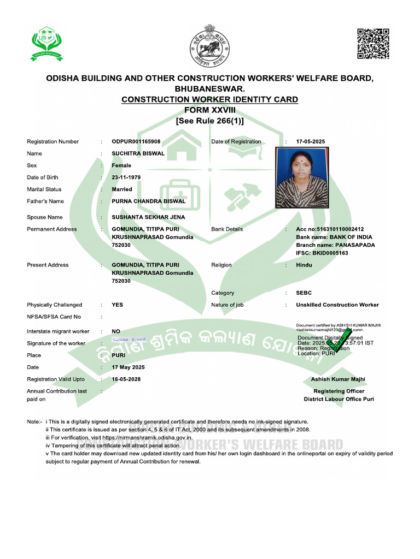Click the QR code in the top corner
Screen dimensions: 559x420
pyautogui.click(x=373, y=44)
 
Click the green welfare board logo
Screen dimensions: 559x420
pyautogui.click(x=46, y=45)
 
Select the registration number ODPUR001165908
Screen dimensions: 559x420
pyautogui.click(x=136, y=142)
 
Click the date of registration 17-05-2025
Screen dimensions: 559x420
pyautogui.click(x=310, y=142)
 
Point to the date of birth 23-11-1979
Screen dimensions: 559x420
pyautogui.click(x=124, y=177)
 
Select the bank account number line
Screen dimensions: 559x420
pyautogui.click(x=330, y=229)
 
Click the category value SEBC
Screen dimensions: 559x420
pyautogui.click(x=304, y=293)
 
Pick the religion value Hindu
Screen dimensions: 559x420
pyautogui.click(x=304, y=265)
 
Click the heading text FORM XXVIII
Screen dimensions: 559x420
pyautogui.click(x=209, y=110)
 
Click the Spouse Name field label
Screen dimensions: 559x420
pyautogui.click(x=44, y=217)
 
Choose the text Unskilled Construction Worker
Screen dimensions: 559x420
pyautogui.click(x=337, y=305)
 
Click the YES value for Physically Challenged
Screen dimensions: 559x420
pyautogui.click(x=118, y=305)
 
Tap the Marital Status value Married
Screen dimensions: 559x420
pyautogui.click(x=122, y=189)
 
